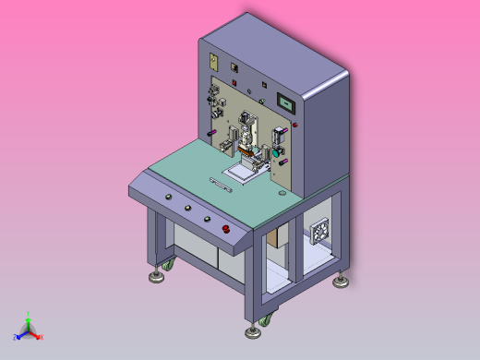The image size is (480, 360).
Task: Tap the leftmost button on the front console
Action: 168,198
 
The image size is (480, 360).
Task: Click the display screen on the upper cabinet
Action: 288,102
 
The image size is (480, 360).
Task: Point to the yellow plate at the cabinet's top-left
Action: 213,62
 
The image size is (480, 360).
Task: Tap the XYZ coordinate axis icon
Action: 29,328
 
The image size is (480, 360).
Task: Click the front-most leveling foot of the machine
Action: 251,330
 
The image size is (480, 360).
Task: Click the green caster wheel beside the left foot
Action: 167,268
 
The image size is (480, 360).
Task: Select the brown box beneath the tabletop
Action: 278,239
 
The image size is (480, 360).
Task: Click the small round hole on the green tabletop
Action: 281,195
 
